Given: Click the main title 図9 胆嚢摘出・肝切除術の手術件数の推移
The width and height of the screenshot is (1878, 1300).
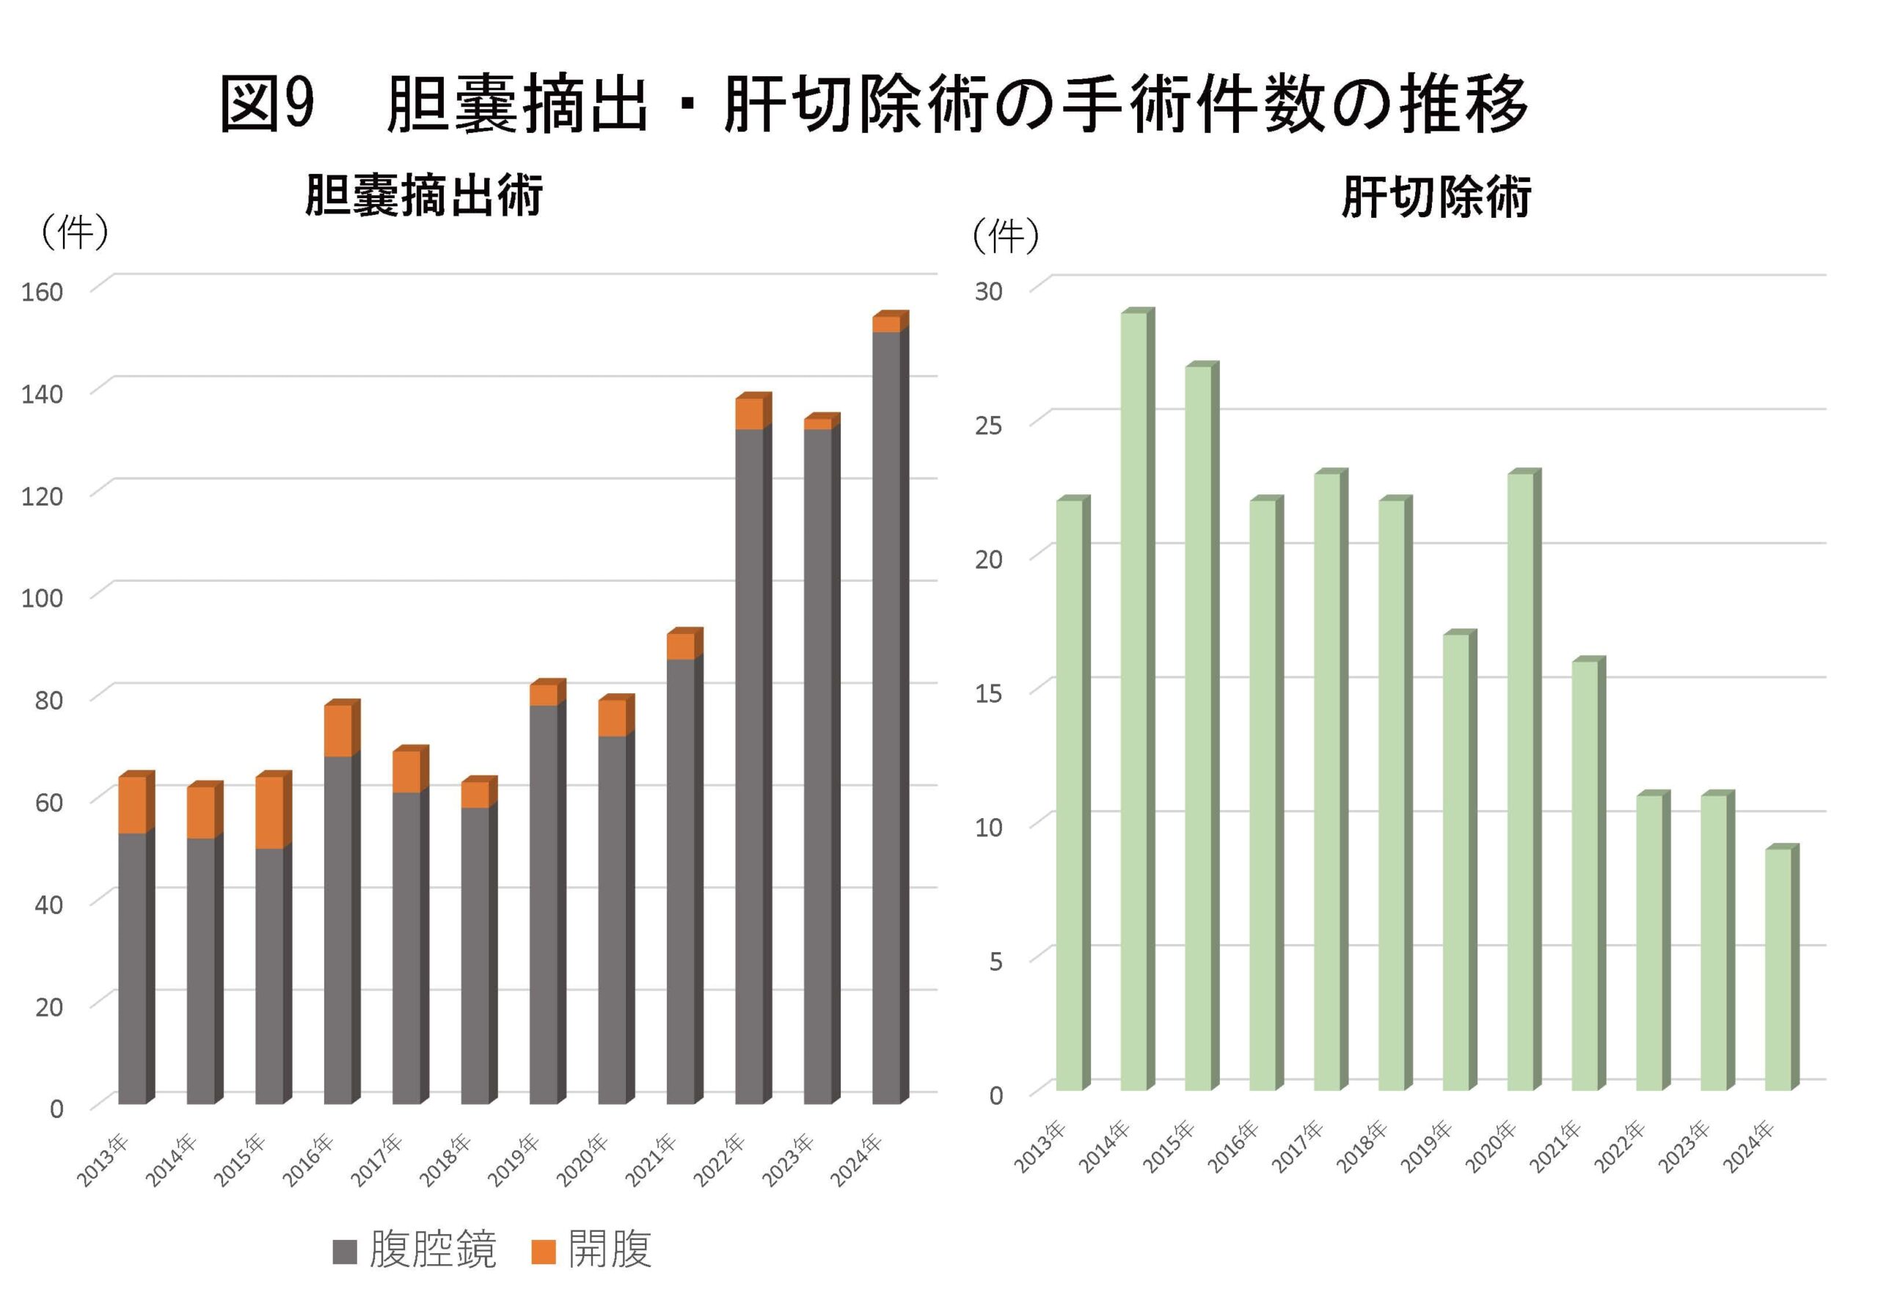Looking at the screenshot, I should point(873,104).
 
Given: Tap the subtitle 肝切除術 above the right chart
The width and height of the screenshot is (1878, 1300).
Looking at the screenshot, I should point(1436,197).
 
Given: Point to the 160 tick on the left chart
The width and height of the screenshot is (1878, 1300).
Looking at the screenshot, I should point(43,291).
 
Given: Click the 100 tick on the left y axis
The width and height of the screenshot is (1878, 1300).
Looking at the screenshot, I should point(43,598).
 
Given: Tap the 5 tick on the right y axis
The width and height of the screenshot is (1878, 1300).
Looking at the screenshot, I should point(995,961).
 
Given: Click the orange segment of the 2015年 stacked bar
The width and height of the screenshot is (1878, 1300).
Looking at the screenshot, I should point(269,812).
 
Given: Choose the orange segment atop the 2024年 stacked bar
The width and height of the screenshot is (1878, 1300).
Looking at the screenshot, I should point(886,324).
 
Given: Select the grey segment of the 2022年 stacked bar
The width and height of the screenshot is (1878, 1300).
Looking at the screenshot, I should point(749,766).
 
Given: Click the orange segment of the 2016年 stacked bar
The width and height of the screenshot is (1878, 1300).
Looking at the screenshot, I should point(338,730).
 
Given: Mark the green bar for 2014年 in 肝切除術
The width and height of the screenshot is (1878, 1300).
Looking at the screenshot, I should point(1133,701).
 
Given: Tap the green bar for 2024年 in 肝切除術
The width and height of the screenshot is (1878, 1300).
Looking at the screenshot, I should point(1777,969).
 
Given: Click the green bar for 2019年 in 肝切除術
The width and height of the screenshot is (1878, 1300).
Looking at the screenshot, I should point(1456,862).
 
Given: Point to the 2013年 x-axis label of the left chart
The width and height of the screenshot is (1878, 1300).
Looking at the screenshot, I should point(103,1159).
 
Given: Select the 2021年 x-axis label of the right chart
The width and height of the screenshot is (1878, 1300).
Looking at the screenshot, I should point(1554,1146).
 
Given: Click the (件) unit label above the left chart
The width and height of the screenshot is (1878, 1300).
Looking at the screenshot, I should point(74,233).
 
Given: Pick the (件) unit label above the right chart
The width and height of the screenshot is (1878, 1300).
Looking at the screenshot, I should point(1006,237).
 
